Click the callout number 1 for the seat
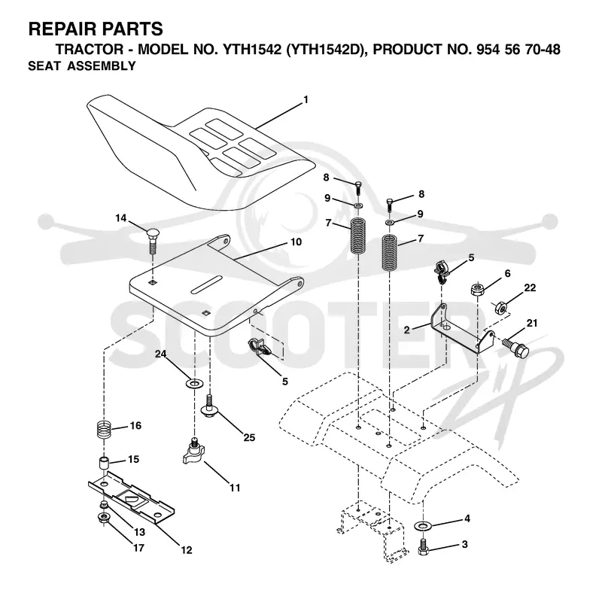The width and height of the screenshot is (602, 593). click(306, 100)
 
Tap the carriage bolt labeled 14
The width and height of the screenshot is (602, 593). click(154, 240)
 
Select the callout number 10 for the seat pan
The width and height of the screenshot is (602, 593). click(296, 242)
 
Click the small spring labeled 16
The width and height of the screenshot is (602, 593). click(104, 429)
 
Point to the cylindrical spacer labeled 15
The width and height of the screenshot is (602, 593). click(105, 462)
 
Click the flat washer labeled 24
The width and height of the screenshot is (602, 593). click(195, 383)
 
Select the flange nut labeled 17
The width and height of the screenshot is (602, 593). click(104, 518)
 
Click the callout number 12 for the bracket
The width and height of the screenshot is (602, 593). click(187, 550)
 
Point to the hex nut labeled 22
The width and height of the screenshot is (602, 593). click(500, 308)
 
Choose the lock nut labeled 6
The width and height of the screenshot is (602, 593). click(477, 289)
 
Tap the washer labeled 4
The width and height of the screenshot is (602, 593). click(423, 525)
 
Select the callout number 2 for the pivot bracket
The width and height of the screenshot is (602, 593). click(407, 330)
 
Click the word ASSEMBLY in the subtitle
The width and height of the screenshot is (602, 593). click(102, 66)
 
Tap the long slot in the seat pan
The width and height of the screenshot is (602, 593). click(207, 284)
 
